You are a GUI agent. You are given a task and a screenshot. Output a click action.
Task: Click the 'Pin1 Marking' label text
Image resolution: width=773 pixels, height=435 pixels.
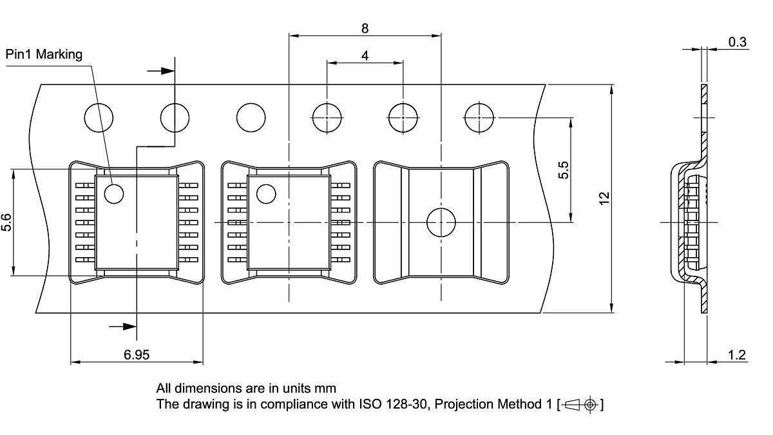tap(44, 54)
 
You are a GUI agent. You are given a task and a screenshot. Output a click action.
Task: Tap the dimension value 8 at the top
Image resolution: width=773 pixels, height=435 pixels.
tap(365, 28)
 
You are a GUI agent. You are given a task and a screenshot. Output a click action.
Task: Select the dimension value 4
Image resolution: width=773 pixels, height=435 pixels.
tap(365, 55)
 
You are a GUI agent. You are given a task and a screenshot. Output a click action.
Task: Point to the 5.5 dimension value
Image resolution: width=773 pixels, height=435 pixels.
tap(564, 170)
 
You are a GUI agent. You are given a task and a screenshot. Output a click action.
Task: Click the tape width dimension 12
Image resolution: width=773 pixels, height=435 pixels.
tap(604, 198)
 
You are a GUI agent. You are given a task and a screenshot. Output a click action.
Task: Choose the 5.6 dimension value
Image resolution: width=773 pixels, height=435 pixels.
tap(6, 223)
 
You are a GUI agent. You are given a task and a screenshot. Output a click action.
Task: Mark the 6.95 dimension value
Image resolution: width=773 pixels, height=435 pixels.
tap(137, 354)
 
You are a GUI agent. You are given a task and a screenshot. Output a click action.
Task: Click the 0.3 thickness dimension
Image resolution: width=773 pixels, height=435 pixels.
tap(737, 43)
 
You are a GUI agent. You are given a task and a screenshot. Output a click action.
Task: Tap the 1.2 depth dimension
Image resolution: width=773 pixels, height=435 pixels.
tap(737, 354)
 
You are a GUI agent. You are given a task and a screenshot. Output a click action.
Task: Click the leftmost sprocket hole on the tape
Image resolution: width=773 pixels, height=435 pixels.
tap(99, 118)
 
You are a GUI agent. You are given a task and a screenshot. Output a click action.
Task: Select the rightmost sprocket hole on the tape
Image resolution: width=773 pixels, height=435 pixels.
tap(479, 118)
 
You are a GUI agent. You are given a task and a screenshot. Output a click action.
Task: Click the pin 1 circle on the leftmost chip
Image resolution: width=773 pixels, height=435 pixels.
tap(114, 193)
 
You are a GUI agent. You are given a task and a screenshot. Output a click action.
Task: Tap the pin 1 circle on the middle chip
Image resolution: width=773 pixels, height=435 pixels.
tap(266, 193)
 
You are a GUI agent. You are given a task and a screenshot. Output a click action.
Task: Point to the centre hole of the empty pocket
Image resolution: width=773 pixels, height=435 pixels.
tap(441, 222)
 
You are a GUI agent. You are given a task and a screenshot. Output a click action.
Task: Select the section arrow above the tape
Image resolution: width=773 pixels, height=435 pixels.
tap(161, 70)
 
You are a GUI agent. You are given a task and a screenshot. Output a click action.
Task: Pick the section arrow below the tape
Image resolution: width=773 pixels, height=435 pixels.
tap(122, 327)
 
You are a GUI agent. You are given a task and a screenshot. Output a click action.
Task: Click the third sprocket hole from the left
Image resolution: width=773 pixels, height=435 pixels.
tap(251, 118)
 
